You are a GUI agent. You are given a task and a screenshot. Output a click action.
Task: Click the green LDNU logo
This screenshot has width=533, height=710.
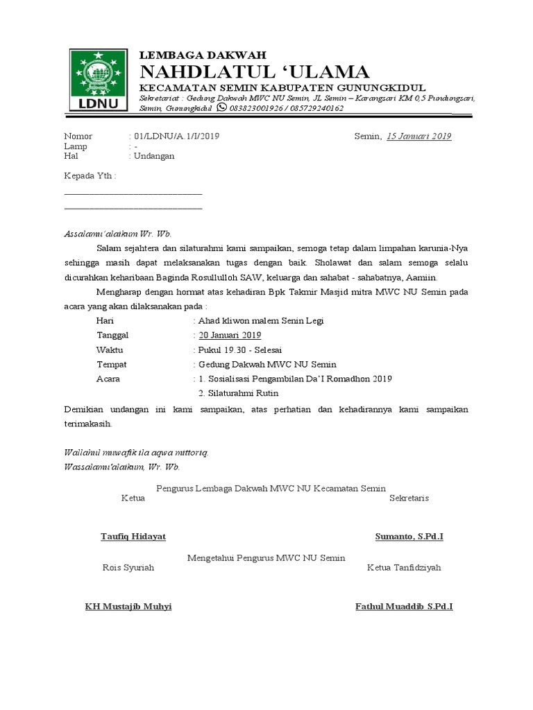coord(98,80)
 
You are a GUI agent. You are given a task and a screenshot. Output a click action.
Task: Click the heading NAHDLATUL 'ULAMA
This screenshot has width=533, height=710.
coord(255,71)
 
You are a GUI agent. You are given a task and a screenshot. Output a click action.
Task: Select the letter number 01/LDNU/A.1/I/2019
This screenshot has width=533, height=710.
coord(176,137)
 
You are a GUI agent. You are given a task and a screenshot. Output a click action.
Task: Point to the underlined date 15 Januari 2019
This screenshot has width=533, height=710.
coord(418,137)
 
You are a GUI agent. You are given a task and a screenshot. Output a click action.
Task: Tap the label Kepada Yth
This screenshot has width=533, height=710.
coord(90,176)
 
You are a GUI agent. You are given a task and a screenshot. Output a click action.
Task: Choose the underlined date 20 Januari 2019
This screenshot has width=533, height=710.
coord(230,335)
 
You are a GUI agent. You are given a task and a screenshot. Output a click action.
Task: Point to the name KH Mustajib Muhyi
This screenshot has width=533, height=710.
coord(128,607)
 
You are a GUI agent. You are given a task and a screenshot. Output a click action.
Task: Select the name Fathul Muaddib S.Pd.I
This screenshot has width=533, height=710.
coord(404,607)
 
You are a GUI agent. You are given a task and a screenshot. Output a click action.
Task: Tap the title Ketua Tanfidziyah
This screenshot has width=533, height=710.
coord(404,567)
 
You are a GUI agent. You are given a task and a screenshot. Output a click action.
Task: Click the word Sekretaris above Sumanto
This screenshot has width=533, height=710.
coord(409,498)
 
